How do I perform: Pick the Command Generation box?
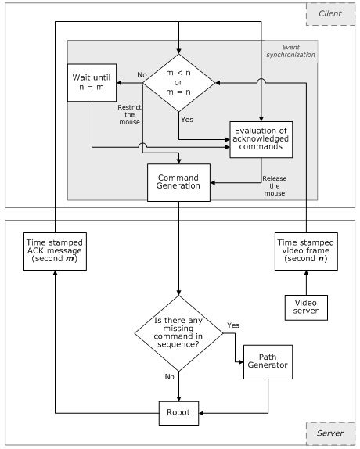pos(178,181)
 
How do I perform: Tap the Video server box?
pos(306,307)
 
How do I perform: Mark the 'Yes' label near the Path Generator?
pos(233,324)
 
